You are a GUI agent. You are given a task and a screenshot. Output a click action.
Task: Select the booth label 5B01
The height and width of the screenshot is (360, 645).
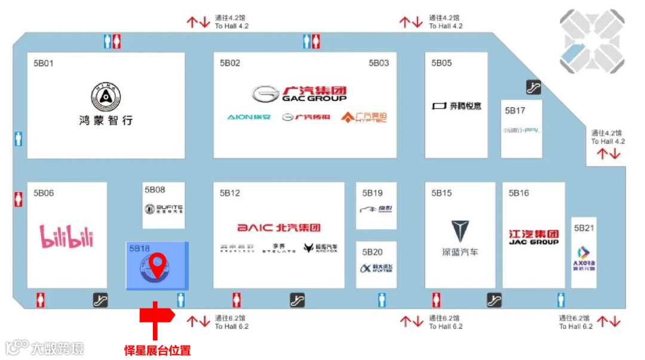pyautogui.click(x=44, y=63)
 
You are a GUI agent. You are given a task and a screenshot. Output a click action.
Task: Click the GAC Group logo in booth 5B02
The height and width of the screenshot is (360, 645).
pyautogui.click(x=299, y=94)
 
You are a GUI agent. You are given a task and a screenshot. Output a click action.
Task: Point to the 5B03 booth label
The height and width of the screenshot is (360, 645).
pyautogui.click(x=379, y=63)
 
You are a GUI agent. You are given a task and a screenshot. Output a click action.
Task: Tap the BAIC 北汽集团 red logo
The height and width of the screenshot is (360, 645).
pyautogui.click(x=279, y=227)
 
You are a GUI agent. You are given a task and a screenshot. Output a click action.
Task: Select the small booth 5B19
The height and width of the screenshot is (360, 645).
pyautogui.click(x=376, y=205)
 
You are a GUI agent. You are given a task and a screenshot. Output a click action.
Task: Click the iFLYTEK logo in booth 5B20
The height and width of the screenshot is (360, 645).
pyautogui.click(x=376, y=268)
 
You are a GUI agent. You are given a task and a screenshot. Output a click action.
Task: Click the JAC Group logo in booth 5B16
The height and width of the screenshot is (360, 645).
pyautogui.click(x=534, y=237)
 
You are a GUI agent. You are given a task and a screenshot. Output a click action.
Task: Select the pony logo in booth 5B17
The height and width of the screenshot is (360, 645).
pyautogui.click(x=521, y=130)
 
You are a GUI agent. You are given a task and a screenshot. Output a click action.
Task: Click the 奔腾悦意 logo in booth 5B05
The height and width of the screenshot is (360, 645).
pyautogui.click(x=457, y=106)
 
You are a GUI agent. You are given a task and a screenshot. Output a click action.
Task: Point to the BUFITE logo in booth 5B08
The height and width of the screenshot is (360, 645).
pyautogui.click(x=163, y=209)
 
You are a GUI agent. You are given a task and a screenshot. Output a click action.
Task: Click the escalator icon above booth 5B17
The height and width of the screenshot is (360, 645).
pyautogui.click(x=533, y=87)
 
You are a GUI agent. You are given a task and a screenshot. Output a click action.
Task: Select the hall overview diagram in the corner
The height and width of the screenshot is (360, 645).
pyautogui.click(x=592, y=41)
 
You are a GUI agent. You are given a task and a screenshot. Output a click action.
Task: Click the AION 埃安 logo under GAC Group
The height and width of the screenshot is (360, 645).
pyautogui.click(x=247, y=117)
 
